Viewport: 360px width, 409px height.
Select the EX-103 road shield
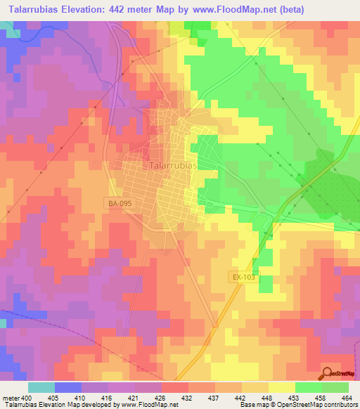point(244,278)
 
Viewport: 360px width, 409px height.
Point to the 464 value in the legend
point(346,397)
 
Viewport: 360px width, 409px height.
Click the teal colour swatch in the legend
point(41,387)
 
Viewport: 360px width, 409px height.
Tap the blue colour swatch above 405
point(67,387)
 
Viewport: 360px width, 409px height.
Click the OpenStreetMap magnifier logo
point(327,373)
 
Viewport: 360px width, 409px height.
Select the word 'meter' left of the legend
point(11,397)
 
